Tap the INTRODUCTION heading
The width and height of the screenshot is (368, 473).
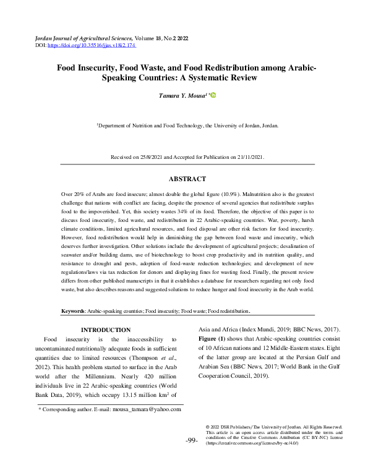click(x=106, y=330)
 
